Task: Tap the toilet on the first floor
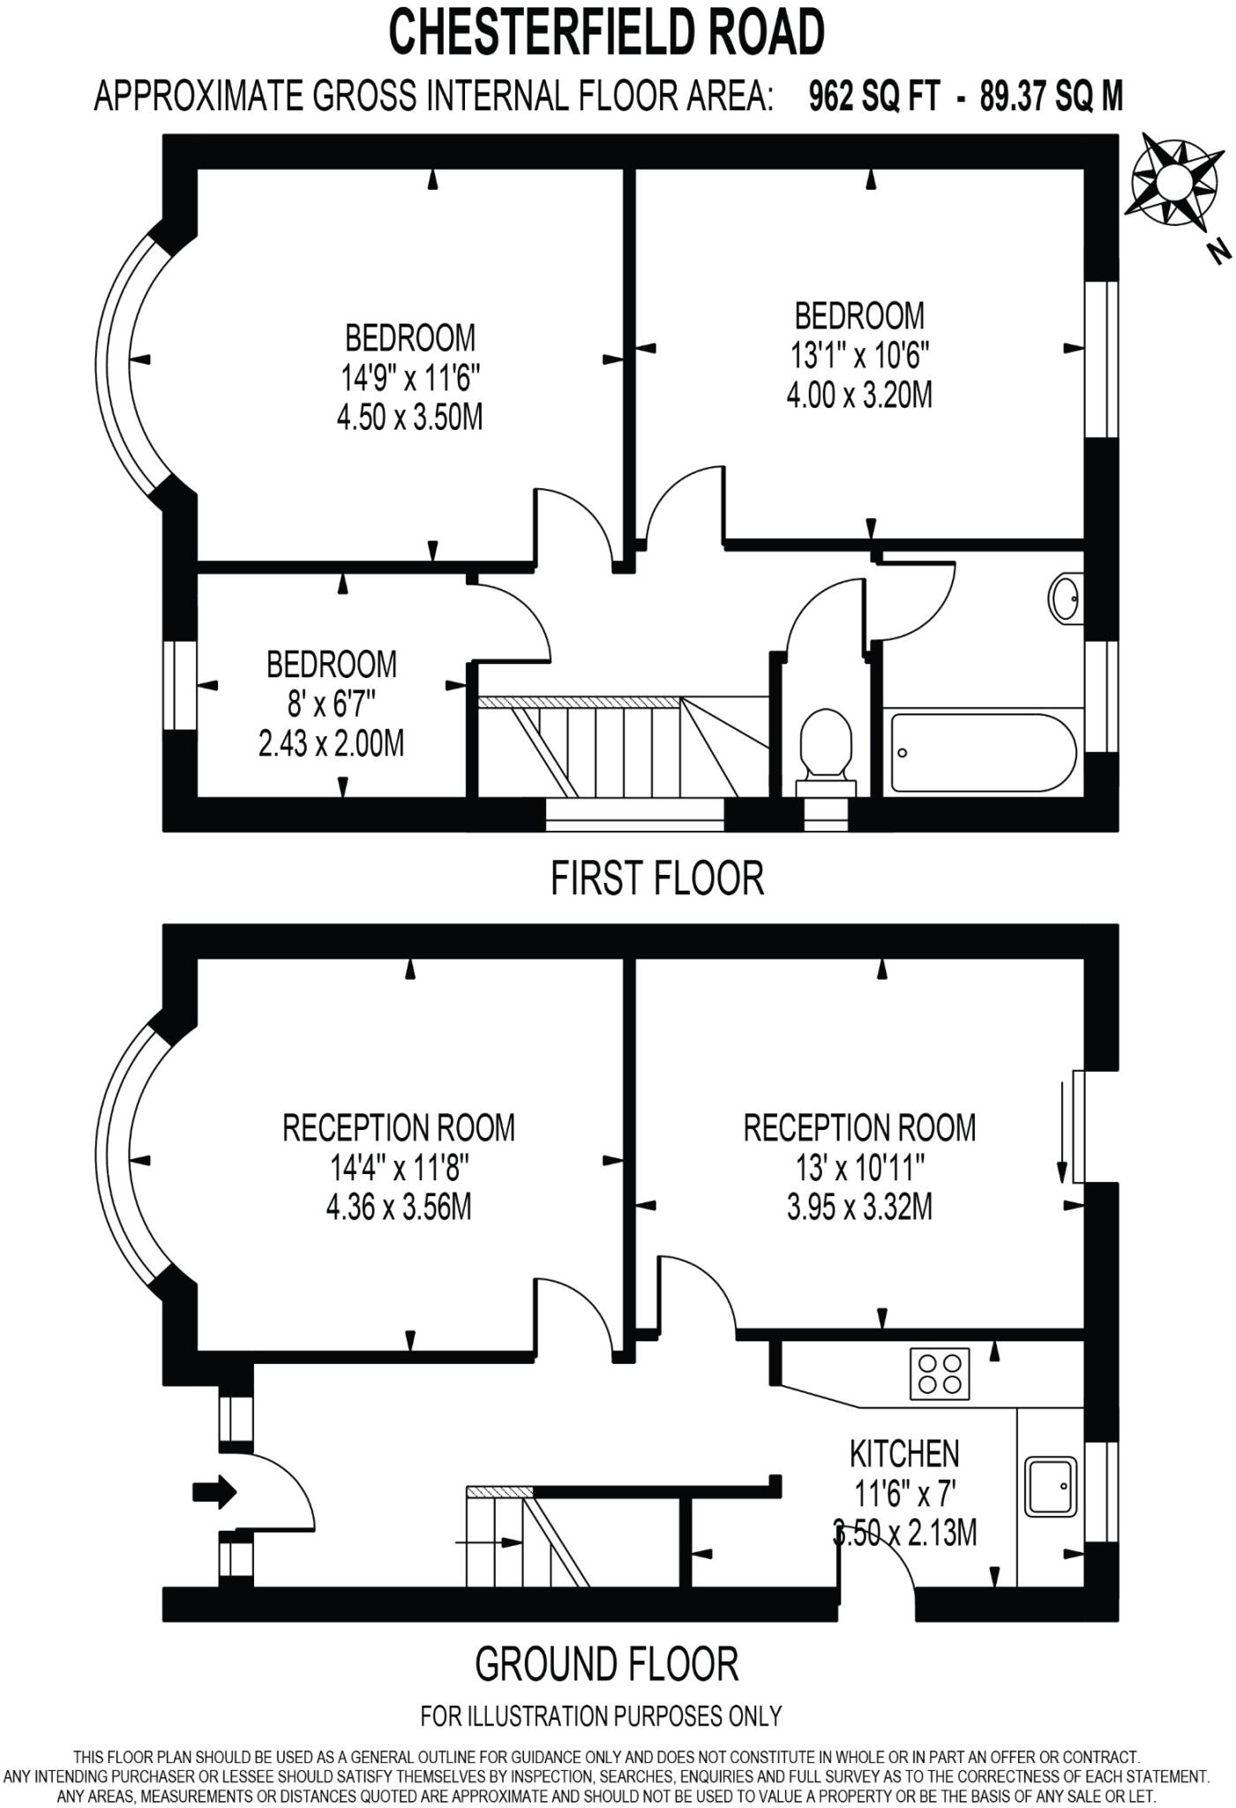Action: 826,751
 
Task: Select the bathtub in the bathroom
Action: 984,753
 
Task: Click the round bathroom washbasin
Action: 1065,599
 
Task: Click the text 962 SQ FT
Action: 874,95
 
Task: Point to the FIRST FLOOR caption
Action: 657,878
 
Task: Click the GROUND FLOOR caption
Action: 606,1664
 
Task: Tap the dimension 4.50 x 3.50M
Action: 409,417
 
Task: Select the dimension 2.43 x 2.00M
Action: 331,743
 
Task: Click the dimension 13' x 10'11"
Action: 859,1167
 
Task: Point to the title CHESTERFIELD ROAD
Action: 607,33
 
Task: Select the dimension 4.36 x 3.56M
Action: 399,1207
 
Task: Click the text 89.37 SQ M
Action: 1052,95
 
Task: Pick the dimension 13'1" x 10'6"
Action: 859,356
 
